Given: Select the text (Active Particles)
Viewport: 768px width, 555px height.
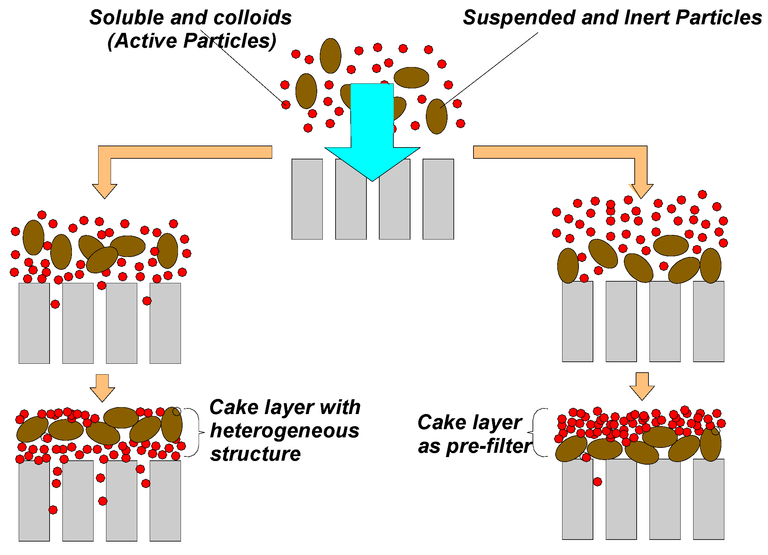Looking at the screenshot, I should coord(192,41).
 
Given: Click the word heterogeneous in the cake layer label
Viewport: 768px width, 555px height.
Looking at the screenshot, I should coord(284,431).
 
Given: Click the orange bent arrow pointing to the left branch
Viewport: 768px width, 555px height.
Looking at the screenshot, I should coord(169,152).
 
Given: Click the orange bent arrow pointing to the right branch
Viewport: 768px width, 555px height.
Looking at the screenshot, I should coord(576,152).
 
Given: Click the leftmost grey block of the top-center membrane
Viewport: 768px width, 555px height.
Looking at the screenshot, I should coord(307,199).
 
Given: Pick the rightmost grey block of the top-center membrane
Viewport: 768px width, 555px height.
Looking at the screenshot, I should coord(438,199).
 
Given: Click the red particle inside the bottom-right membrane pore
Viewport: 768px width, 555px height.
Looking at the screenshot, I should coord(597,482).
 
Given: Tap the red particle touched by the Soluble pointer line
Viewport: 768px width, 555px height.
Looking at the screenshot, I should coord(286,105).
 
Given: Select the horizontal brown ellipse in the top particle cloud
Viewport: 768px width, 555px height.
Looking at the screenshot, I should coord(411,78).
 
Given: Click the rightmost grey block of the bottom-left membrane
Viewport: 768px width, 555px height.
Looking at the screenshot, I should coord(165,501).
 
